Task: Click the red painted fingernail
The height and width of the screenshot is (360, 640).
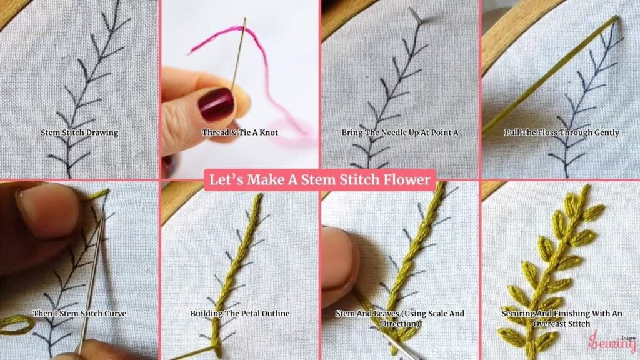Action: pyautogui.click(x=216, y=104)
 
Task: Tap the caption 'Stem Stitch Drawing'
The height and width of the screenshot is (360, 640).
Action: pyautogui.click(x=79, y=132)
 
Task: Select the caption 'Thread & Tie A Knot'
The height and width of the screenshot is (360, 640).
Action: pyautogui.click(x=239, y=132)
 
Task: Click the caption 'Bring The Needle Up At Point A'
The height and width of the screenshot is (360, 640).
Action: pyautogui.click(x=400, y=132)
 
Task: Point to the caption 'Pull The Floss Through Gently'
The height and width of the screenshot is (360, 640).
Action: pyautogui.click(x=562, y=132)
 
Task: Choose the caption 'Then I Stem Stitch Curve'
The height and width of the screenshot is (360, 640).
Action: pyautogui.click(x=79, y=314)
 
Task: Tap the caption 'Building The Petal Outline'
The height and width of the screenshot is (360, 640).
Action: pyautogui.click(x=240, y=314)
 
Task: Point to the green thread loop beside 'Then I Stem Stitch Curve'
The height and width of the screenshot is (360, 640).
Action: pyautogui.click(x=16, y=325)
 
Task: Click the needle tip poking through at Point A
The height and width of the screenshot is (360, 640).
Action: pyautogui.click(x=416, y=15)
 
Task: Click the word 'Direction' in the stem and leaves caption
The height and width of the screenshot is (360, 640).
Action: pyautogui.click(x=399, y=324)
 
